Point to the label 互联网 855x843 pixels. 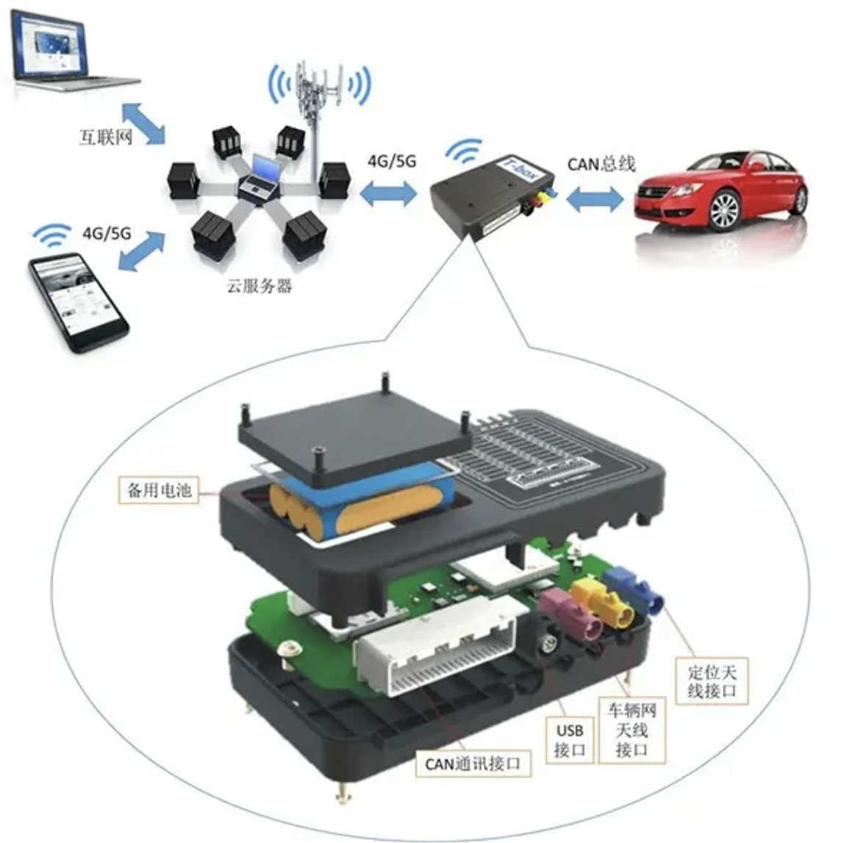(x=105, y=137)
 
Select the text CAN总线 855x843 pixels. (x=601, y=164)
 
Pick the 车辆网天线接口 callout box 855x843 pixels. (x=632, y=730)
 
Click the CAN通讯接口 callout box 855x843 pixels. (x=473, y=764)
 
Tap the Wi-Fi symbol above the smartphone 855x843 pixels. (x=51, y=234)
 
